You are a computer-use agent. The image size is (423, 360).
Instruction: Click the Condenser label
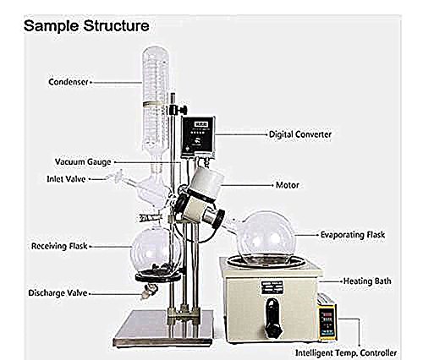69,82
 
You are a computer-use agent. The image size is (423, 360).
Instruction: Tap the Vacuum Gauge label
83,162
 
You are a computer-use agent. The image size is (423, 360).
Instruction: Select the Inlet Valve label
66,179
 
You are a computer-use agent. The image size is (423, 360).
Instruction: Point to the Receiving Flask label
59,246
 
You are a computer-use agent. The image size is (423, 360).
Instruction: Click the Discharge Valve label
58,293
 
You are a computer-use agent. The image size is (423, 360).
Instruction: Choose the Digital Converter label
300,134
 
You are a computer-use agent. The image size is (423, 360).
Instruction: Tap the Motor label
288,185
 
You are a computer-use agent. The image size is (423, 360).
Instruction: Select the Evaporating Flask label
353,235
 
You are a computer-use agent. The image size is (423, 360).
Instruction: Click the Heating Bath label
367,281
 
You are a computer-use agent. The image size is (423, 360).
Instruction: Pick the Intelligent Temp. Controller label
346,352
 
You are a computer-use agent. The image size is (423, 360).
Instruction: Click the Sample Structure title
86,25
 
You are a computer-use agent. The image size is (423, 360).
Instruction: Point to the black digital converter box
198,137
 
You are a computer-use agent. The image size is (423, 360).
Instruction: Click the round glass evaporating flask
266,238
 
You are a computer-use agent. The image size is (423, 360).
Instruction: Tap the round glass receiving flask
156,252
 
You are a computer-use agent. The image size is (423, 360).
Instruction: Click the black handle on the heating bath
273,316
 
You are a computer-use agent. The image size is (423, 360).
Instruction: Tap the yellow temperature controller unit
327,323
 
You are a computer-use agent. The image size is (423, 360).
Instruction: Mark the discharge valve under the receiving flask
149,292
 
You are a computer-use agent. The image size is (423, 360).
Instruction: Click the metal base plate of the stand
163,328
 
